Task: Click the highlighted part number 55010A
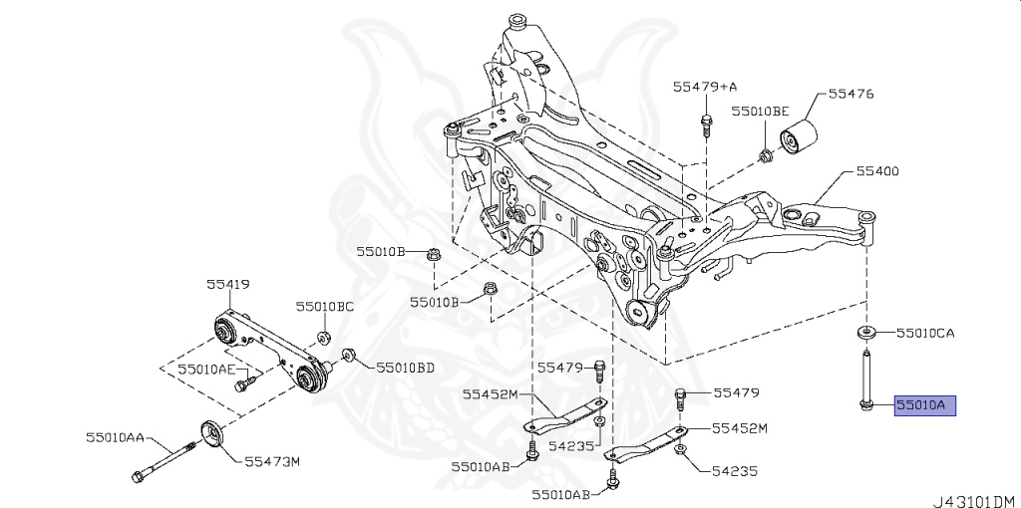925,405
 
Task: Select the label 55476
851,95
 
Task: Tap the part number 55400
876,171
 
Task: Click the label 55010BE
760,112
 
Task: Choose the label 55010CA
925,333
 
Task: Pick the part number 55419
227,284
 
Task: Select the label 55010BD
405,368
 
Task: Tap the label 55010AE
206,369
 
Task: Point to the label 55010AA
115,437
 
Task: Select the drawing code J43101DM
974,500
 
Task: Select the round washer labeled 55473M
211,435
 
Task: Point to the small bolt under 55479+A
706,125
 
